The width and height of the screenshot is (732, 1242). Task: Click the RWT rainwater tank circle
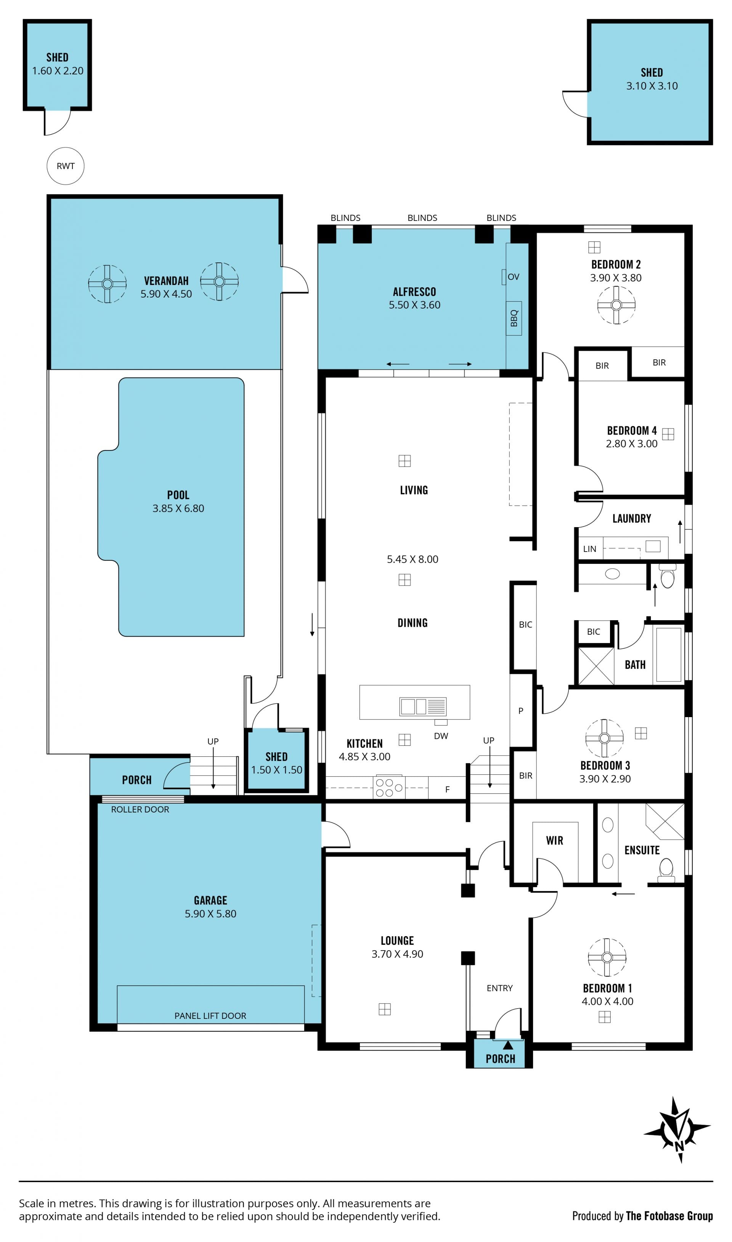point(66,166)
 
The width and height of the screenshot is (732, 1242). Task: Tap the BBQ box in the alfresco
point(514,318)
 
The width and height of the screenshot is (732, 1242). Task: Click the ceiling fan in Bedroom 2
point(616,305)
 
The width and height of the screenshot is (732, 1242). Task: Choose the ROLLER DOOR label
point(140,809)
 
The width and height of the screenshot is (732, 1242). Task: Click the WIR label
point(554,840)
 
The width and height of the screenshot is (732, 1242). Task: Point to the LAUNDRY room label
point(631,519)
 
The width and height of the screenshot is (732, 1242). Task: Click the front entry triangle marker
point(507,1045)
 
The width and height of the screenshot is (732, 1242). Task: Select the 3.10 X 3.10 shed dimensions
point(652,86)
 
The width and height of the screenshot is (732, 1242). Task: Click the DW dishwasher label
point(441,736)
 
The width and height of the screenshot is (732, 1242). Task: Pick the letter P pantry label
point(521,711)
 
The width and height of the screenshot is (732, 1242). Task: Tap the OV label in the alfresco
point(514,277)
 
